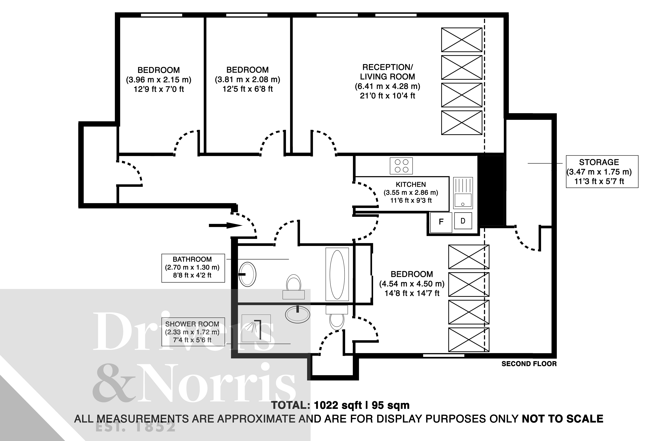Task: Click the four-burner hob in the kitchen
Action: [x=401, y=166]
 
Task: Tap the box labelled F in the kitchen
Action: [x=441, y=222]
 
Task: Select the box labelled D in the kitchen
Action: [x=463, y=221]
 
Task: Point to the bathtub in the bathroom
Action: [x=337, y=274]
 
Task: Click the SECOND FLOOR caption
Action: [x=529, y=364]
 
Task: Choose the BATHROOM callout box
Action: [x=193, y=268]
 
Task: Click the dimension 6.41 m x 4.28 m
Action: [x=387, y=86]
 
